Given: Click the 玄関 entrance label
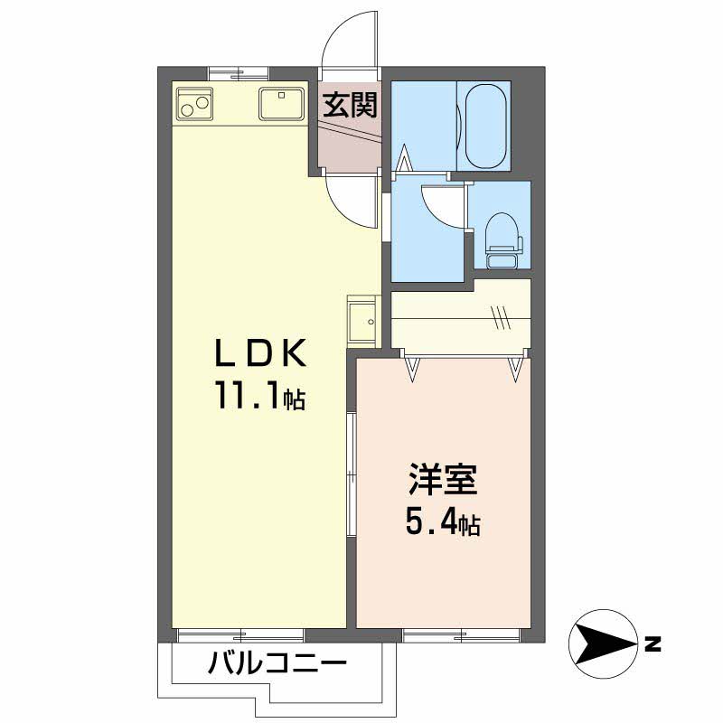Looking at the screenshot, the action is coord(350,105).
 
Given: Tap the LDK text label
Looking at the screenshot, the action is coord(261,352).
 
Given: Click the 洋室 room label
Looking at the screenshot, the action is coord(442,480).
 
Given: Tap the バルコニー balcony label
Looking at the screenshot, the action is coord(277,664).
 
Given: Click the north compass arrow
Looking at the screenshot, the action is coord(604,643).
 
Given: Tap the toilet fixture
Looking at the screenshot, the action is coord(505,240).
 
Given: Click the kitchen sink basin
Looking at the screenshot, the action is coord(281,103).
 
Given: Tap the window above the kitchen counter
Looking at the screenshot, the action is coord(238,72).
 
